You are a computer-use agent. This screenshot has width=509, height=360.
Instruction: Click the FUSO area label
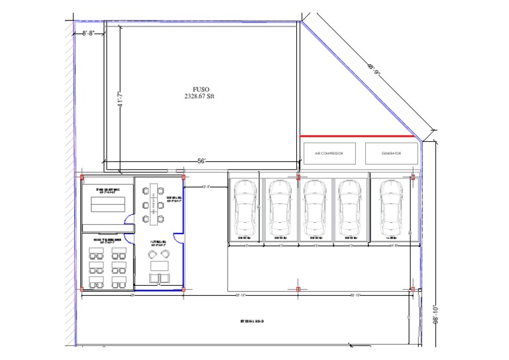tap(199, 92)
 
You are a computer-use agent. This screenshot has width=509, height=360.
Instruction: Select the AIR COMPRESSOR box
tap(329, 153)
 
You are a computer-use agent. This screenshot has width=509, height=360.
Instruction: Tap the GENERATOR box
tap(391, 153)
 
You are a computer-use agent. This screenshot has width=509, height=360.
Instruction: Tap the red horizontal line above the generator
tap(357, 137)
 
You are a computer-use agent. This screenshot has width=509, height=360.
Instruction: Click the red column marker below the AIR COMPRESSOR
tap(298, 178)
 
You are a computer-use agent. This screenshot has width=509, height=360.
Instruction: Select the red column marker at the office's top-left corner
tap(82, 178)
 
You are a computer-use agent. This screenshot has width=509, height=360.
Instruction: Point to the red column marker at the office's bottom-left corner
tap(82, 290)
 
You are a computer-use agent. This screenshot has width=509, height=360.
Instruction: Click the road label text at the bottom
tap(252, 322)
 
